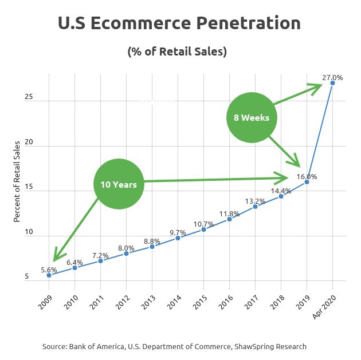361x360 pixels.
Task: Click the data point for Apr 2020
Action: [x=332, y=83]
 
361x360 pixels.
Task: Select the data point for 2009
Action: [x=49, y=275]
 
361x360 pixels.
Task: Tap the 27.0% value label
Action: [x=332, y=77]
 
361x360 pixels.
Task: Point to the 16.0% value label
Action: [x=307, y=176]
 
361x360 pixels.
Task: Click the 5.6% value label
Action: [x=49, y=269]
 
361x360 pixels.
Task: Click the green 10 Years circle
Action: [x=118, y=184]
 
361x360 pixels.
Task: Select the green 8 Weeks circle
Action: [x=252, y=118]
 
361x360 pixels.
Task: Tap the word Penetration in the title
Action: [x=246, y=23]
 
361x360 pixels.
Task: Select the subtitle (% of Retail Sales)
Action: [x=177, y=52]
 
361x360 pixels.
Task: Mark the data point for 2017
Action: [x=255, y=206]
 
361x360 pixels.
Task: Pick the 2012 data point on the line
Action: [x=126, y=253]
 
